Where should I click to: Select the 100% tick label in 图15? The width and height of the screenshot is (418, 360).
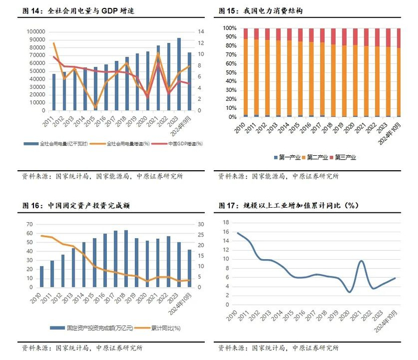(x=230, y=28)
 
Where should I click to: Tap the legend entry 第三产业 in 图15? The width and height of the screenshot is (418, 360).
(x=343, y=157)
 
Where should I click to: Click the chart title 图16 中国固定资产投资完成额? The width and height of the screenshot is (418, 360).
(x=77, y=205)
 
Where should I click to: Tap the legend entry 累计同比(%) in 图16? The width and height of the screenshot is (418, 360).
(x=158, y=328)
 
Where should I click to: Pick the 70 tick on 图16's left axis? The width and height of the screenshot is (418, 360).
(x=29, y=224)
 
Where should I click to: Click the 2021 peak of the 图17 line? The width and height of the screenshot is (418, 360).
(x=361, y=261)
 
